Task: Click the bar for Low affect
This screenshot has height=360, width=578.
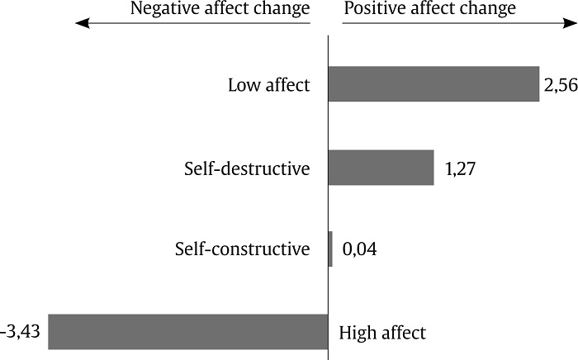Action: click(x=433, y=84)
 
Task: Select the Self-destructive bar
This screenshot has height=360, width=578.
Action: click(x=381, y=168)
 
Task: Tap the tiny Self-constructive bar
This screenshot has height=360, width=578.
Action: click(x=330, y=249)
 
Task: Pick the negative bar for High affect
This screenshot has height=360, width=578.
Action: click(x=187, y=332)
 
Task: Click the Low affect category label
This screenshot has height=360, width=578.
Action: click(x=269, y=85)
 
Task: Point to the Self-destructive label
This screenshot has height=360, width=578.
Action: click(x=247, y=169)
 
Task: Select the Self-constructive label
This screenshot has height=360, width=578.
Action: click(x=243, y=249)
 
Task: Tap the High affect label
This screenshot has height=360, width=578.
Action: click(x=382, y=334)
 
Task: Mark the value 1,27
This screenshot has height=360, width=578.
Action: click(x=461, y=169)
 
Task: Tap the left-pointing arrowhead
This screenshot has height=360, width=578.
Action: click(x=80, y=24)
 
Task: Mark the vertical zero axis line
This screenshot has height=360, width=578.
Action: click(x=328, y=198)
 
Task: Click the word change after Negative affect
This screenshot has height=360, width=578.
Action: click(x=281, y=10)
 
